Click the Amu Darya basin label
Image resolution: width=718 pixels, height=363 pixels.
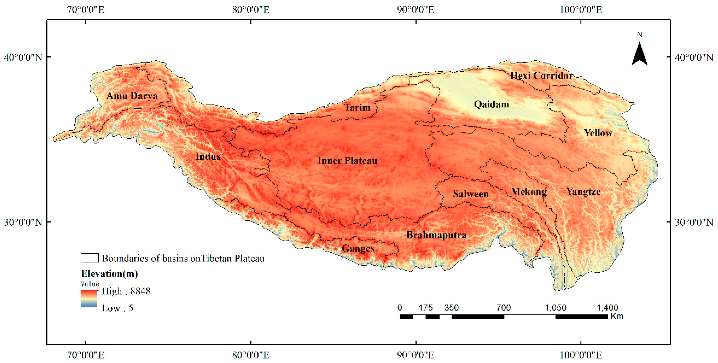132,96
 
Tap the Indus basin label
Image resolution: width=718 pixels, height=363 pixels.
208,156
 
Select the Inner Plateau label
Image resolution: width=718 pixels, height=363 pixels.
347,161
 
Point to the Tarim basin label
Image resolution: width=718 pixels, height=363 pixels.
357,107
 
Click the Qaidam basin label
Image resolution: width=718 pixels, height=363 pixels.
491,104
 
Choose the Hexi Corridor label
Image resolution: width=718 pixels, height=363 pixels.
541,76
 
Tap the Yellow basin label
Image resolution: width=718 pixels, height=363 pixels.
598,133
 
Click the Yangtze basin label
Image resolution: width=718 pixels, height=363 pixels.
583,191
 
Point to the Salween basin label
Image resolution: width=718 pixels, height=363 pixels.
470,194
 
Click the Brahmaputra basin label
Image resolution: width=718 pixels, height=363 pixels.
436,235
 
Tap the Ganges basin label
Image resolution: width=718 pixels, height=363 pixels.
358,248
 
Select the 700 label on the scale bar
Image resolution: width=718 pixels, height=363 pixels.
503,308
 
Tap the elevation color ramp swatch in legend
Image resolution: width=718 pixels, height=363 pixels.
89,299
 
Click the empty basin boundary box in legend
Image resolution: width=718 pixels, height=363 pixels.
89,258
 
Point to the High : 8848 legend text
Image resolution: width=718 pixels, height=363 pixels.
126,291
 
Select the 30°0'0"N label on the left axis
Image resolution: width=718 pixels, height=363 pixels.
23,222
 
